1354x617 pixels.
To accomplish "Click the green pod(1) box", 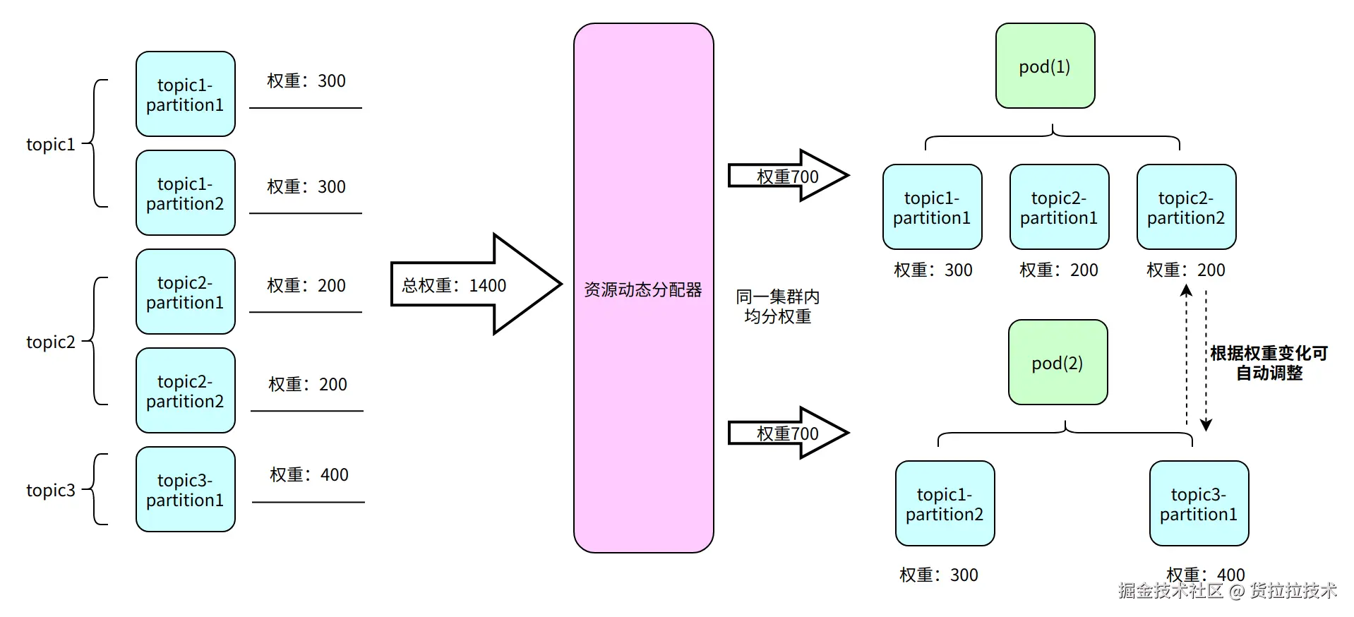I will coord(1045,66).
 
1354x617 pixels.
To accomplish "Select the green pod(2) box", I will coord(1058,362).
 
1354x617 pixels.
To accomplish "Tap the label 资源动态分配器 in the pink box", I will coord(642,289).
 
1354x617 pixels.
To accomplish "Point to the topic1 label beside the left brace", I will coord(50,144).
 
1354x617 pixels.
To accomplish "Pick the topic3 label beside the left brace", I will coord(50,490).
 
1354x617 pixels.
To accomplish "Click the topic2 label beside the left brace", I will coord(50,342).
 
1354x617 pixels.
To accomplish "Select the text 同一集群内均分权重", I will coord(777,306).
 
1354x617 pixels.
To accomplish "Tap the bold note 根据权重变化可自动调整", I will coord(1269,363).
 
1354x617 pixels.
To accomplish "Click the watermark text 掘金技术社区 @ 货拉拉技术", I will coord(1227,590).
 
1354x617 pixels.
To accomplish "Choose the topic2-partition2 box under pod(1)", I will coord(1186,207).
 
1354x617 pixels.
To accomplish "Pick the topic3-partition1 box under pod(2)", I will coord(1199,503).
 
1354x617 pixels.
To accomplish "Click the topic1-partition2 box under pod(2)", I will coord(945,503).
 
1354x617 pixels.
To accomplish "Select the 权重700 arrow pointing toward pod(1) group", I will coord(787,176).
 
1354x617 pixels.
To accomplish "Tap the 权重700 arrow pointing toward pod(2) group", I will coord(787,433).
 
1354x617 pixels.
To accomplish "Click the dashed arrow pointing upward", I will coord(1187,353).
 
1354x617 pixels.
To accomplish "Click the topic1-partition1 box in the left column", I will coord(185,94).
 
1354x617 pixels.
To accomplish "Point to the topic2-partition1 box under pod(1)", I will coord(1059,207).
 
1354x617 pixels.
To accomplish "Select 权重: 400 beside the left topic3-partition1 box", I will coord(308,474).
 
